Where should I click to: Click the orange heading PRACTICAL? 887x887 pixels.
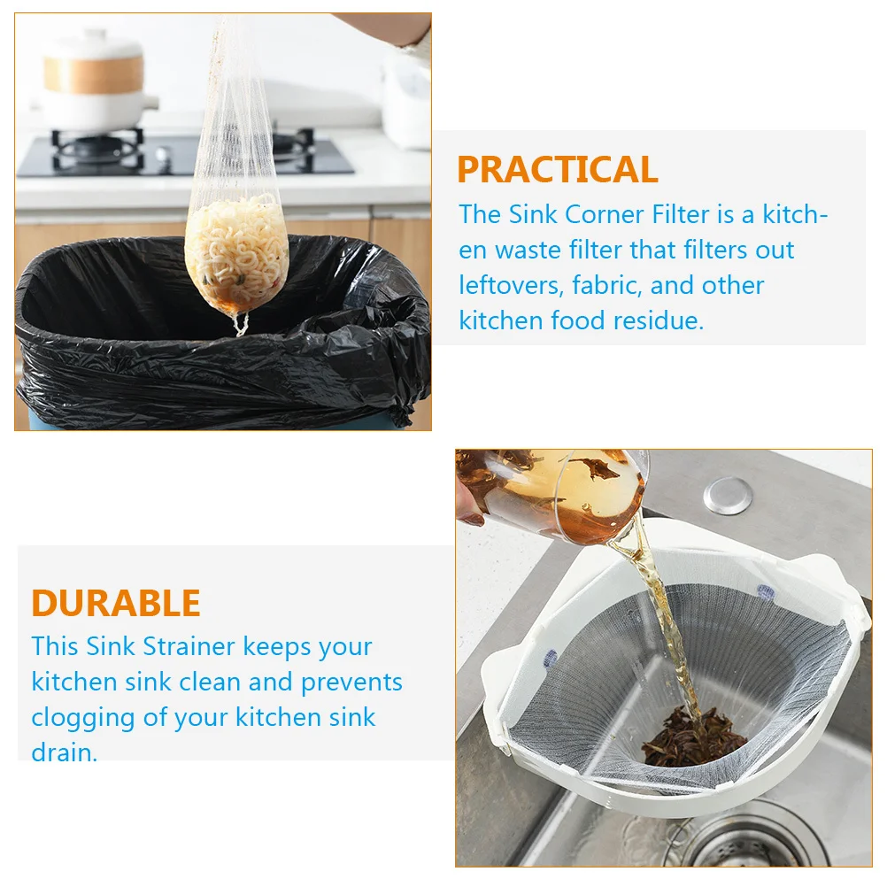coord(557,169)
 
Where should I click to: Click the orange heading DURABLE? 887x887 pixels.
coord(116,603)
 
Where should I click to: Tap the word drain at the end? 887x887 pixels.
coord(63,752)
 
